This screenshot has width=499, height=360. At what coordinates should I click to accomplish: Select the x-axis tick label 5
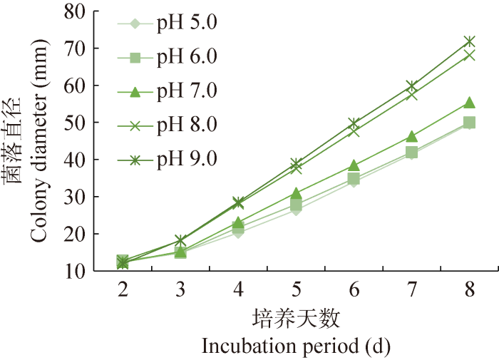295,288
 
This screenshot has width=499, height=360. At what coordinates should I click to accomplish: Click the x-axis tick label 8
469,288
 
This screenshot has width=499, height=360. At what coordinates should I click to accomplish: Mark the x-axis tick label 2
122,288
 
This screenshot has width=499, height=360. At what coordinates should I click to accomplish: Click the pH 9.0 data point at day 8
469,41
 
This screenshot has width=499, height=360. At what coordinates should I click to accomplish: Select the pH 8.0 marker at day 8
469,55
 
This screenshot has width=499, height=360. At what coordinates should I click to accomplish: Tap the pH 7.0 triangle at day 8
469,103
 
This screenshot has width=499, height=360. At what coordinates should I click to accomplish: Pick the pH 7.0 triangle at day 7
411,136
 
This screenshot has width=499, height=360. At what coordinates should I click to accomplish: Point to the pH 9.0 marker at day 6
354,123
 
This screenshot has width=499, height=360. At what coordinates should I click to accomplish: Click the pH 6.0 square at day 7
411,152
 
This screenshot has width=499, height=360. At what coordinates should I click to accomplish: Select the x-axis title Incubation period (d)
296,346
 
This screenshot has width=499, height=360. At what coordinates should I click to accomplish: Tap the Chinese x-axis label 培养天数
296,317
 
